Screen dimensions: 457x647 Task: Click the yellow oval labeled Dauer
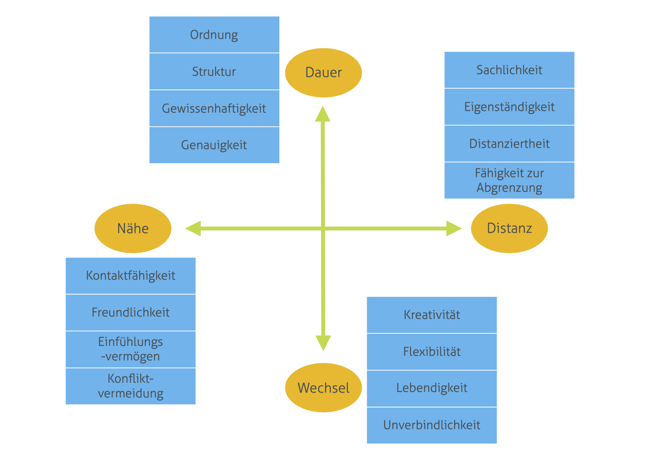pos(323,73)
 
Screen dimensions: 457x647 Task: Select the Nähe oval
pos(133,228)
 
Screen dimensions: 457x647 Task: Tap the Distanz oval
pos(509,228)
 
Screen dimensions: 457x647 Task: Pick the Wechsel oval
pos(323,388)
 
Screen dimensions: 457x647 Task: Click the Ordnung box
pos(214,35)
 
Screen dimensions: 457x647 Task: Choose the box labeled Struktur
pos(214,72)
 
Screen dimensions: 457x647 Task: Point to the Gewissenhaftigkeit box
pos(214,108)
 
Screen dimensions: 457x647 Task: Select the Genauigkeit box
pos(214,145)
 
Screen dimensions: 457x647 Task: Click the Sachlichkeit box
pos(509,70)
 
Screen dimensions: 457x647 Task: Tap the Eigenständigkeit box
pos(509,107)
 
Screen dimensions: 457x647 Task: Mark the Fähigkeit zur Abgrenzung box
pos(509,180)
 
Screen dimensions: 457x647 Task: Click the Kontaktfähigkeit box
pos(130,276)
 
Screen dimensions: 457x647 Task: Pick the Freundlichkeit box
pos(130,312)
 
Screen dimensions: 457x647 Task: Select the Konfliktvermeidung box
pos(130,386)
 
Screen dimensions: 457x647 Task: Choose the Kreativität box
pos(432,315)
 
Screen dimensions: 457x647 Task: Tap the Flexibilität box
pos(432,352)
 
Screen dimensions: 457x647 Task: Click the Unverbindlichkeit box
pos(432,425)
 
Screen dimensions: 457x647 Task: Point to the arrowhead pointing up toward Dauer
pos(323,115)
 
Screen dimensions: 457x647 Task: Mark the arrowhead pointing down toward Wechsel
pos(323,342)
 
